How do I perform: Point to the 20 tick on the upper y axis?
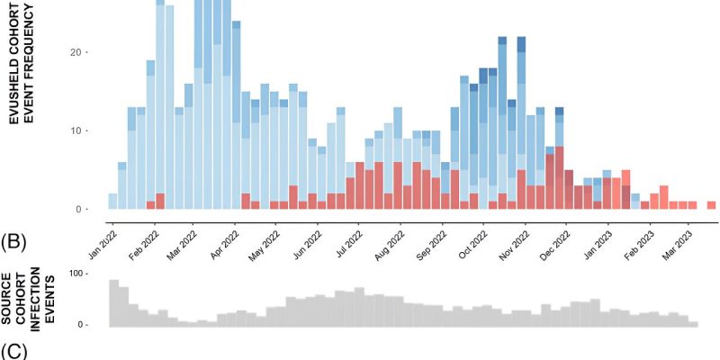[x=79, y=52]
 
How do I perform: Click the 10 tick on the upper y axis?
[x=79, y=130]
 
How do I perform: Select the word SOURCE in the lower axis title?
[x=7, y=297]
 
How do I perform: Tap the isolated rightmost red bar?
[x=711, y=205]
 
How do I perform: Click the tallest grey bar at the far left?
[x=113, y=302]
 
